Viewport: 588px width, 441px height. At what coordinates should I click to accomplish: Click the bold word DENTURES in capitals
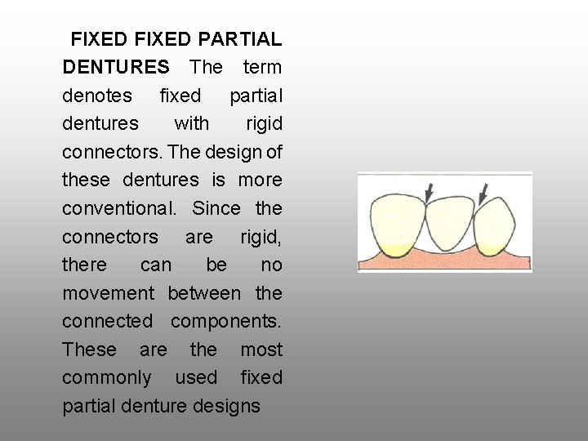(x=116, y=67)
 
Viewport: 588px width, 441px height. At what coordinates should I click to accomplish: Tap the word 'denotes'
(x=97, y=96)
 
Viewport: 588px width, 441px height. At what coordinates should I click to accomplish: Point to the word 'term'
(x=261, y=67)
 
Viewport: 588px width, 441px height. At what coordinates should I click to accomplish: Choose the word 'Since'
(x=216, y=208)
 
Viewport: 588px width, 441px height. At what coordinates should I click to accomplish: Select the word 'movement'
(x=108, y=292)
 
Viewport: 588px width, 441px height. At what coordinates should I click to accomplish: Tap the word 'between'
(x=204, y=292)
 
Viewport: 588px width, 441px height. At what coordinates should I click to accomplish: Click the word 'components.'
(x=226, y=321)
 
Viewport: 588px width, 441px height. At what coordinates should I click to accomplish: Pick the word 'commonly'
(x=107, y=377)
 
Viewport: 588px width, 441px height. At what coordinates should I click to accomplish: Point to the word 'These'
(x=90, y=350)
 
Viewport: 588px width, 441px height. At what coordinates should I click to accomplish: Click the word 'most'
(x=261, y=350)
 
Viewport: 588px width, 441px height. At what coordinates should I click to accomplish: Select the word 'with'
(x=192, y=123)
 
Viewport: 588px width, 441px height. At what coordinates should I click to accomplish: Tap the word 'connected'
(x=107, y=321)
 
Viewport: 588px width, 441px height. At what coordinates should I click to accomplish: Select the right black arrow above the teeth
(x=483, y=193)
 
